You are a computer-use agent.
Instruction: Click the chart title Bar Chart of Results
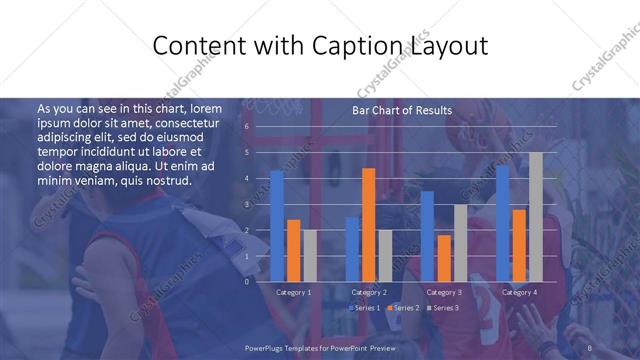coord(401,110)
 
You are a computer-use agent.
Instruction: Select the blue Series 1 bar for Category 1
coord(277,226)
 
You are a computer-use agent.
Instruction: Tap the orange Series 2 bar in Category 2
coord(368,225)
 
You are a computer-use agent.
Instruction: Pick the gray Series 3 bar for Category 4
coord(536,217)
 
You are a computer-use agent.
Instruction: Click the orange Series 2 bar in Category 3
coord(443,258)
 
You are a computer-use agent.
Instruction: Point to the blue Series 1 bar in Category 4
coord(502,223)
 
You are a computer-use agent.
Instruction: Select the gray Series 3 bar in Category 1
coord(309,255)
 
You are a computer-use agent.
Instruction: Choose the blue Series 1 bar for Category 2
coord(352,249)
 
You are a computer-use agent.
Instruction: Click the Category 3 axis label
coord(444,292)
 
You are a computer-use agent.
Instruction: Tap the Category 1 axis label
coord(293,292)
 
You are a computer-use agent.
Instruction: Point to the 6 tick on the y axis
coord(246,127)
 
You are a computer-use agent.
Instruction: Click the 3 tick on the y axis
coord(246,204)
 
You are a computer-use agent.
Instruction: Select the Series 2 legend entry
coord(404,308)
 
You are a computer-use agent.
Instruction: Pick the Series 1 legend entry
coord(364,308)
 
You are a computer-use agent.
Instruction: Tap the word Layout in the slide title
coord(448,46)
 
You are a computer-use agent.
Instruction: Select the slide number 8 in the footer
coord(590,346)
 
